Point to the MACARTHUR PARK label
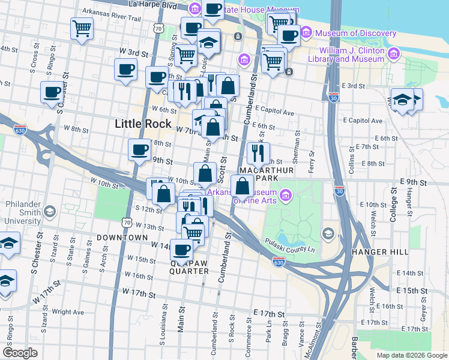tap(268, 175)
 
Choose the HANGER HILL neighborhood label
tap(379, 252)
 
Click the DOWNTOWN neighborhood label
tap(121, 238)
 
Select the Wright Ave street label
tap(68, 312)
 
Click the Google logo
tap(20, 353)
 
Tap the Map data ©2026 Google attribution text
tap(412, 355)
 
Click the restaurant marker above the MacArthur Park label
tap(259, 152)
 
